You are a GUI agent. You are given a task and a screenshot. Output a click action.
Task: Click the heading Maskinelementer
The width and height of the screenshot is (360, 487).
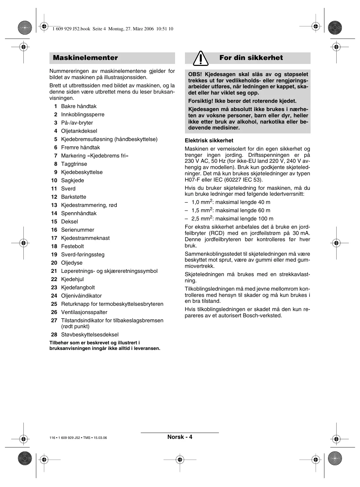(x=85, y=58)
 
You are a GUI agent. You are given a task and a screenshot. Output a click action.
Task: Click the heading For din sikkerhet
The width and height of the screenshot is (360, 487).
(x=251, y=58)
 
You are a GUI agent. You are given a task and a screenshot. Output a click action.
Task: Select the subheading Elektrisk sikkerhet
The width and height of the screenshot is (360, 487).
(x=209, y=141)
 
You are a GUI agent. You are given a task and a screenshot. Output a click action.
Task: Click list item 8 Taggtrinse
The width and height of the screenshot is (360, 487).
(x=74, y=164)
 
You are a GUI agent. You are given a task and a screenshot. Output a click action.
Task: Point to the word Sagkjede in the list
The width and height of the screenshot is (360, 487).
(x=73, y=181)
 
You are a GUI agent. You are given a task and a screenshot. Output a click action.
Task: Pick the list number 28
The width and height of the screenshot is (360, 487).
(x=54, y=335)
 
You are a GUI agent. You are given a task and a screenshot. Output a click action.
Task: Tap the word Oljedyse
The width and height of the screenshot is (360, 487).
(x=72, y=263)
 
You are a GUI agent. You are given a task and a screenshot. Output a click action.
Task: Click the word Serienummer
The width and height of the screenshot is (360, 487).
(x=77, y=230)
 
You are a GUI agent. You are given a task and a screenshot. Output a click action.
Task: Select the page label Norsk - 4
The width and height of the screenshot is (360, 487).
(x=180, y=437)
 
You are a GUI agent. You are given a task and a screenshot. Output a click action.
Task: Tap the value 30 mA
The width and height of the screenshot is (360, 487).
(x=301, y=233)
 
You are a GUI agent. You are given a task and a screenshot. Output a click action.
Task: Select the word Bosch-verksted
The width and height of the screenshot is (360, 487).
(x=262, y=316)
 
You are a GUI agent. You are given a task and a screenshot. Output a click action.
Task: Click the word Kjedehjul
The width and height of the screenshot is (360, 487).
(x=72, y=279)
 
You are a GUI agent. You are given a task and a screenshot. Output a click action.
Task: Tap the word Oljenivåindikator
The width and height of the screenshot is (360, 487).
(x=81, y=296)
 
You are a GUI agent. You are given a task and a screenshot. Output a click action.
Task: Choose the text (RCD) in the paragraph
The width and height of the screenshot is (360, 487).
(x=217, y=233)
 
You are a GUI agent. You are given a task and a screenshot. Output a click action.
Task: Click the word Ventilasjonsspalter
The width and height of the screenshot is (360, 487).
(x=84, y=312)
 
